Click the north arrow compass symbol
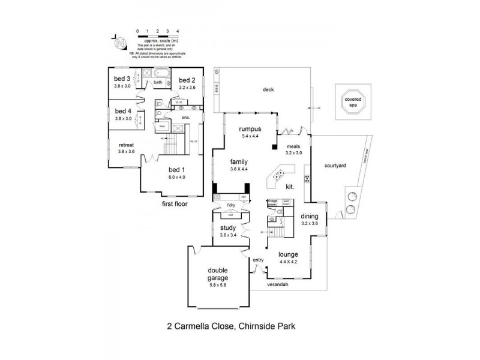pos(121,43)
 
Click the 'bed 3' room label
pos(122,79)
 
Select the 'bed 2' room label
pos(187,80)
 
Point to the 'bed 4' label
pos(122,111)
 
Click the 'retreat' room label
pos(126,145)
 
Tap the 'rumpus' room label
pos(249,129)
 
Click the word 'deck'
pos(268,90)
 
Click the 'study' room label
pos(228,227)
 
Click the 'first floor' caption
pos(175,204)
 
